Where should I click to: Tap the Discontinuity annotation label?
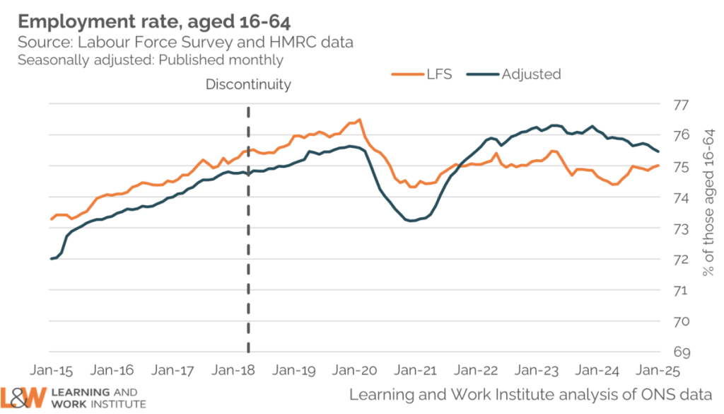248,84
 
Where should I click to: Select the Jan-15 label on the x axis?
52,370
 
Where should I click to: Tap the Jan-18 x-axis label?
234,370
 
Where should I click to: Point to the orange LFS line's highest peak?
359,120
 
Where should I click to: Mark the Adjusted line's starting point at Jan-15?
51,259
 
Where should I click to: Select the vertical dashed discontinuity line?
248,234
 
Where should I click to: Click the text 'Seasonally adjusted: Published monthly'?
151,60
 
